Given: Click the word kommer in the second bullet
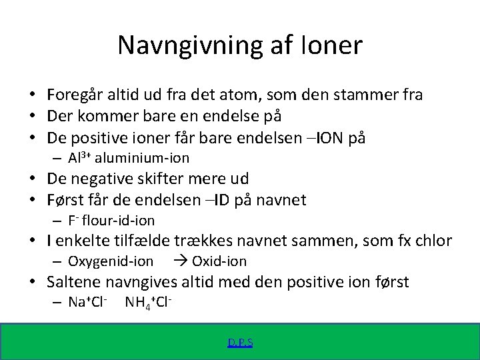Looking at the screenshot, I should tap(105, 116).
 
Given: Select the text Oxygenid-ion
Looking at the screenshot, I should tap(111, 261).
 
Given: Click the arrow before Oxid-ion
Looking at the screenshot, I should tap(181, 261).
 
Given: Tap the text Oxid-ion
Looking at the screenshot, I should tap(219, 261).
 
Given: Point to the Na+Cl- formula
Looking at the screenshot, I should tap(88, 303).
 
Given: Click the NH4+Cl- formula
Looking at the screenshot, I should tap(149, 303).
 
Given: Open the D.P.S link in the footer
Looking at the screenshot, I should tap(240, 343).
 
